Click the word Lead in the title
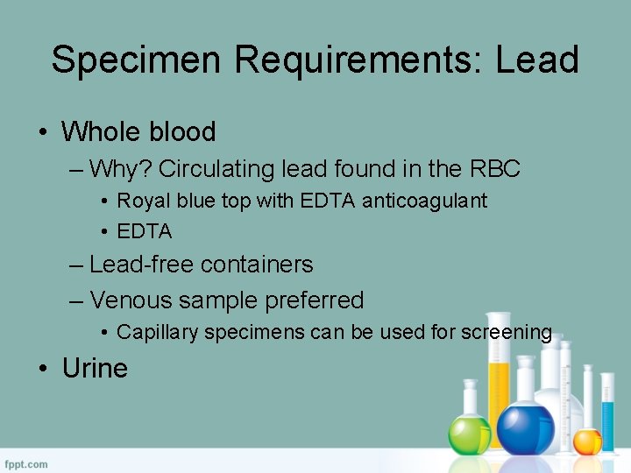[537, 60]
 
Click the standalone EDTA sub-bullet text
[145, 232]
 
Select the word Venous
[131, 300]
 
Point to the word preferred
[308, 300]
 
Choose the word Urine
[95, 368]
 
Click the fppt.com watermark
[27, 463]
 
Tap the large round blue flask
[525, 427]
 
